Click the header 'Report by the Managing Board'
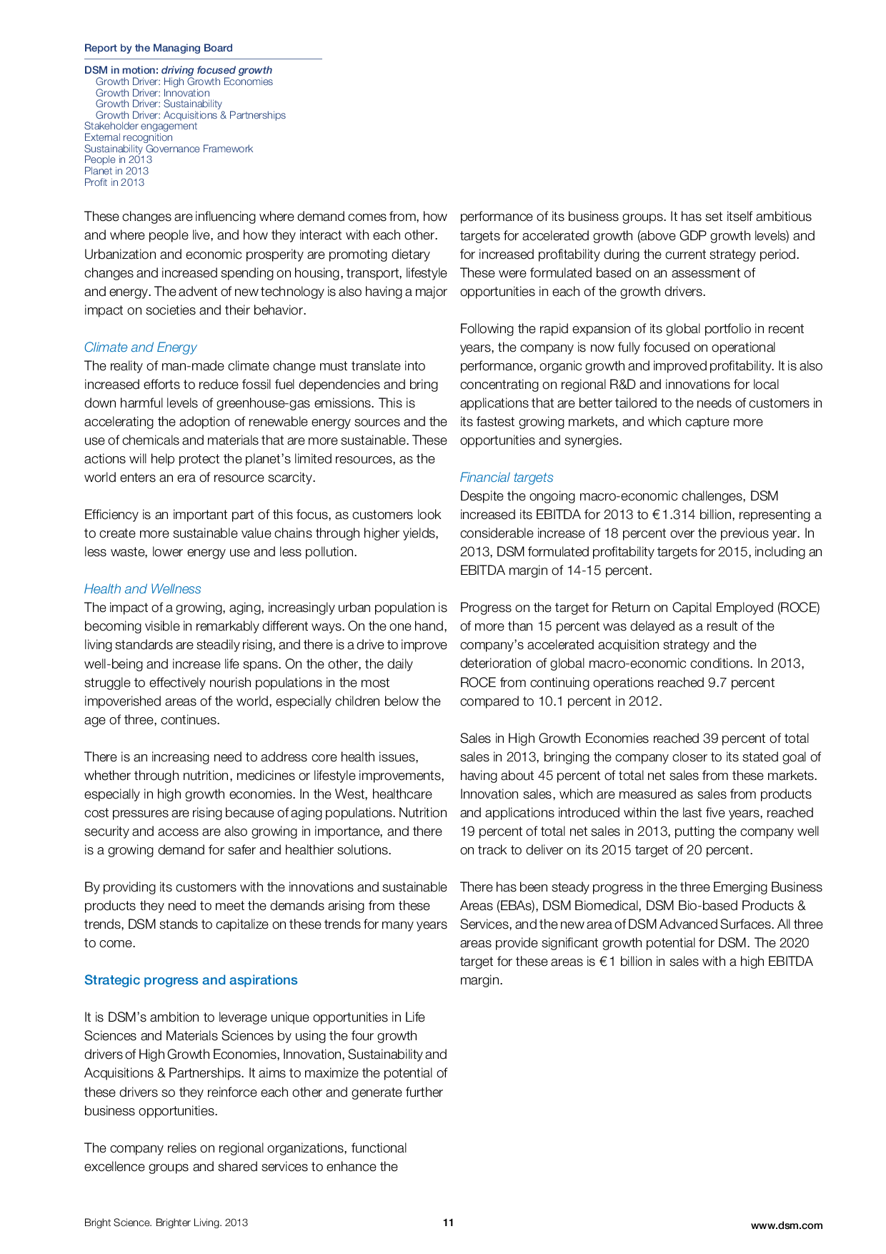[x=158, y=48]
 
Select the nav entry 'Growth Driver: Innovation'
[x=152, y=93]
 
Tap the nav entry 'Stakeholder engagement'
[x=140, y=126]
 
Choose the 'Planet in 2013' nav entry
[x=116, y=171]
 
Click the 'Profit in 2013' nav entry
[x=114, y=182]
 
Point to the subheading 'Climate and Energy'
[x=140, y=347]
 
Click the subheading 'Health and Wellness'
[x=142, y=589]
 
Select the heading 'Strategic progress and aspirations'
[x=191, y=980]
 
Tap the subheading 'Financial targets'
[x=506, y=478]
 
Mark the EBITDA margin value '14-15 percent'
[x=611, y=571]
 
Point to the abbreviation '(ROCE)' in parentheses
[x=798, y=608]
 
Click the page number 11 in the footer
[x=448, y=1223]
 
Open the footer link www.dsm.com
[x=786, y=1225]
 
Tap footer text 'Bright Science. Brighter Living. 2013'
[x=166, y=1223]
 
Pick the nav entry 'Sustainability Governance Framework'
[x=168, y=149]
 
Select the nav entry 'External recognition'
[x=128, y=137]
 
